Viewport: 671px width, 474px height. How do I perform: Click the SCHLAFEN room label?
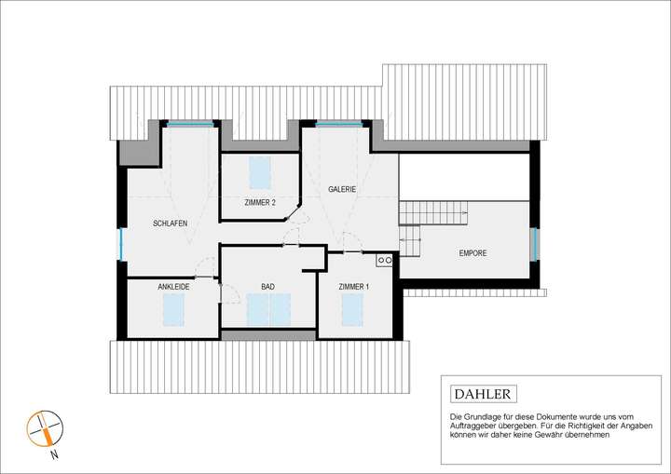pyautogui.click(x=171, y=224)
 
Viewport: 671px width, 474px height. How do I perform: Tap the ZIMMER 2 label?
pyautogui.click(x=260, y=202)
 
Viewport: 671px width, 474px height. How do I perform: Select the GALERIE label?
pyautogui.click(x=343, y=189)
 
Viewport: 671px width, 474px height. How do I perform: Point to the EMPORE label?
pyautogui.click(x=472, y=253)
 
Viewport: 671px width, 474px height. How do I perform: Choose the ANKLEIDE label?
pyautogui.click(x=173, y=287)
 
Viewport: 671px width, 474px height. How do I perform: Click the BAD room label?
pyautogui.click(x=267, y=287)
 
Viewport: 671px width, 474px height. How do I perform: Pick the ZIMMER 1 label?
pyautogui.click(x=353, y=287)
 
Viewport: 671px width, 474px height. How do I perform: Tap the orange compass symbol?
pyautogui.click(x=43, y=429)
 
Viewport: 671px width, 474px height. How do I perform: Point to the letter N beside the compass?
pyautogui.click(x=55, y=456)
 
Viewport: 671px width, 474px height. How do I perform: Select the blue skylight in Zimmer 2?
pyautogui.click(x=261, y=173)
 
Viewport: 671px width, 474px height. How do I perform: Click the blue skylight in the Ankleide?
pyautogui.click(x=174, y=310)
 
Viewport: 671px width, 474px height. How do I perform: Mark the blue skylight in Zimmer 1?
pyautogui.click(x=352, y=310)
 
